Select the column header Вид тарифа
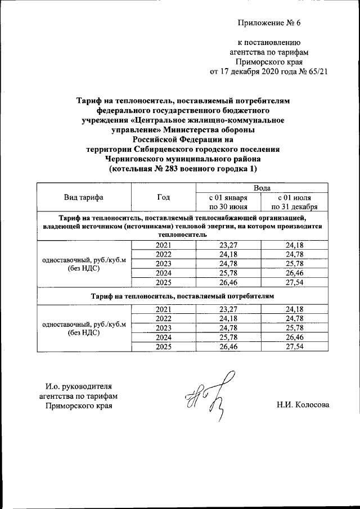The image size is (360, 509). [83, 197]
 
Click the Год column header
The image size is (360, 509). [164, 197]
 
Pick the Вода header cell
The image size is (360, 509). [262, 188]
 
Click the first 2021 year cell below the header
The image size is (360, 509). [164, 245]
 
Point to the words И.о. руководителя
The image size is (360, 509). [78, 386]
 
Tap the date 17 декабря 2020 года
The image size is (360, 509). [257, 72]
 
